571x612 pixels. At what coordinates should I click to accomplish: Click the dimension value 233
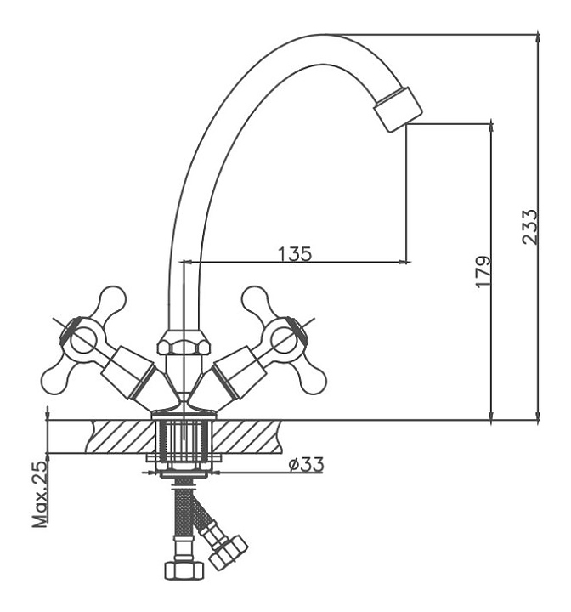point(529,227)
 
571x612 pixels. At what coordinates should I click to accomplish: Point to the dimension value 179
point(483,271)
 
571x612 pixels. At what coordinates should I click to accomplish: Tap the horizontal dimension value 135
point(294,252)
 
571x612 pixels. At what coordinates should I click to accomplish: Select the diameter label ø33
point(305,464)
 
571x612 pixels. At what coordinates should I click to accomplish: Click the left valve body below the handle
point(136,374)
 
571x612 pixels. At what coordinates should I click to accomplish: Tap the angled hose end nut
point(229,552)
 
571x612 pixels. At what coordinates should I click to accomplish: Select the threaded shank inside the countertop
point(183,439)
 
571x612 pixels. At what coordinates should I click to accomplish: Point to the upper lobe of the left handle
point(110,300)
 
